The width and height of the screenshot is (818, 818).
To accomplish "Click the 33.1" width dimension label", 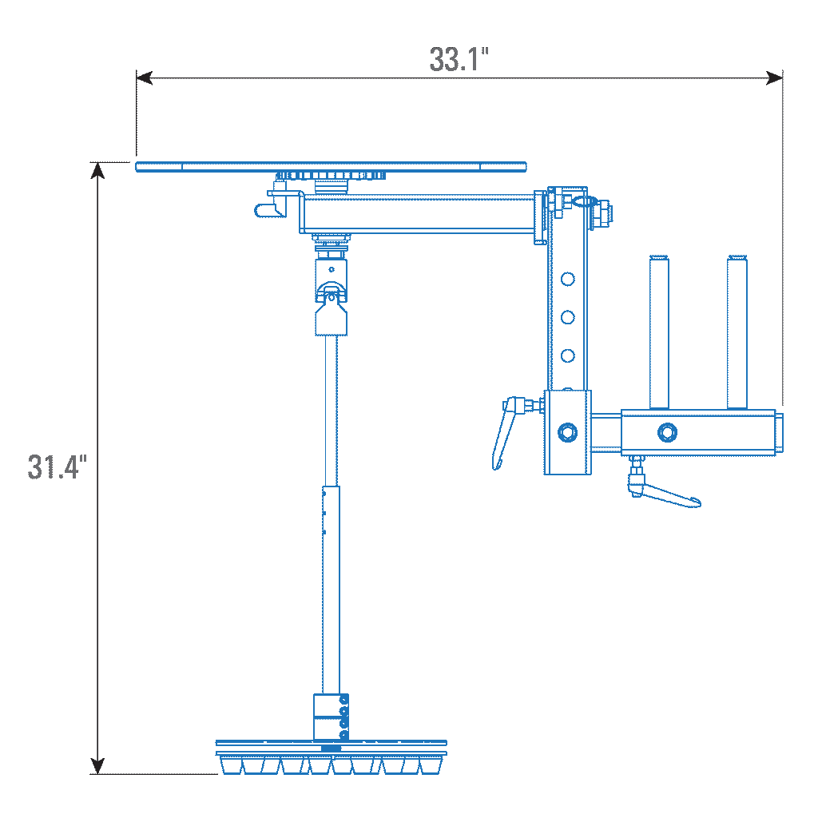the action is tap(459, 59).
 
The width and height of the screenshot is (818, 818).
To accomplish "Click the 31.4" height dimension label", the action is tap(57, 467).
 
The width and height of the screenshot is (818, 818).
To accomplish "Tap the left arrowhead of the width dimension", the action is tap(145, 77).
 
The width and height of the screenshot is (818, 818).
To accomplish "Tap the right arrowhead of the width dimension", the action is tap(774, 77).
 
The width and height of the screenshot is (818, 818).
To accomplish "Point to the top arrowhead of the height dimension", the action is tap(97, 170).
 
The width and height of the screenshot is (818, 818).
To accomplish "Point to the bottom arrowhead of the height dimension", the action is tap(97, 766).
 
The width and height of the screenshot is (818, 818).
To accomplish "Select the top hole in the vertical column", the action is tap(568, 279).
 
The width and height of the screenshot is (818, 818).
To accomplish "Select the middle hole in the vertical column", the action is tap(568, 317).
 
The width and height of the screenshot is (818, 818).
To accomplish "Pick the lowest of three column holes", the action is tap(568, 355).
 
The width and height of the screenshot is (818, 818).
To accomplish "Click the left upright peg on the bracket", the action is tap(659, 332).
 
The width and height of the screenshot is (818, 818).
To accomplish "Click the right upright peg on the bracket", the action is tap(737, 332).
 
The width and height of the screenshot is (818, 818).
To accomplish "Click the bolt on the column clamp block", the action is tap(568, 432).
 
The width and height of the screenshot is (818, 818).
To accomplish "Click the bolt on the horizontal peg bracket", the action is tap(667, 432).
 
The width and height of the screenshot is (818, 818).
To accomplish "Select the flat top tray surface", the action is tap(332, 167).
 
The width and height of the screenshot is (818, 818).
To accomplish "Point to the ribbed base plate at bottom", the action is tap(332, 757).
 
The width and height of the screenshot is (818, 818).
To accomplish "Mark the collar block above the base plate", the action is tap(331, 717).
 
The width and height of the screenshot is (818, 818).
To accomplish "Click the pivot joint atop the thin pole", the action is tap(331, 297).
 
